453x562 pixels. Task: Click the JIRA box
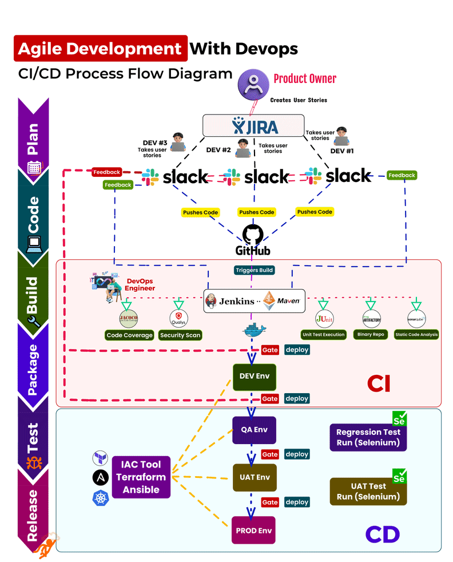click(x=253, y=125)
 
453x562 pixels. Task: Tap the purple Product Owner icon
click(x=252, y=84)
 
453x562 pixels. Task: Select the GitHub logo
click(x=252, y=240)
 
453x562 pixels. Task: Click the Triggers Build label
click(x=255, y=270)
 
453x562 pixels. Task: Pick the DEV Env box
click(x=255, y=377)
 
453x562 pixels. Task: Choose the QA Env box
click(x=254, y=430)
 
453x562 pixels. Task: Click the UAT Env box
click(x=255, y=477)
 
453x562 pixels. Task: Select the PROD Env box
click(x=254, y=530)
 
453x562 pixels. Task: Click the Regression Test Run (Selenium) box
click(x=368, y=437)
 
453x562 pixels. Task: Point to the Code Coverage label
click(x=130, y=335)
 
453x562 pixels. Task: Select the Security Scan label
click(x=181, y=335)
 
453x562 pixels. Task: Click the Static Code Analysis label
click(x=416, y=334)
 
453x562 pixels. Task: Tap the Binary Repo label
click(x=371, y=334)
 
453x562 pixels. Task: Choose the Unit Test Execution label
click(x=323, y=334)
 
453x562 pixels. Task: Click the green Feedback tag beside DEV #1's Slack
click(x=402, y=175)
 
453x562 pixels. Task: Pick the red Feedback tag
click(x=106, y=172)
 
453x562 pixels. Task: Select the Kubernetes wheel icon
click(x=101, y=498)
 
